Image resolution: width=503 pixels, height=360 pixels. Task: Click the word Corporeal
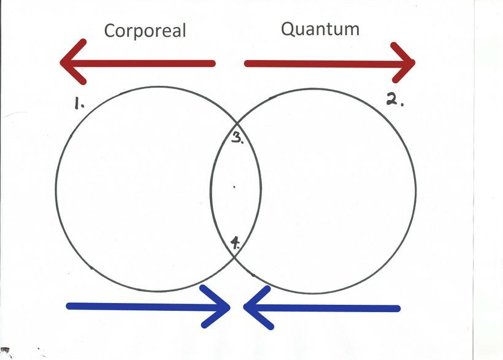pos(145,31)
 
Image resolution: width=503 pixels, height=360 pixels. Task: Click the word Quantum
pos(320,29)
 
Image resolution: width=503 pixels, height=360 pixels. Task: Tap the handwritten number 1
pos(78,105)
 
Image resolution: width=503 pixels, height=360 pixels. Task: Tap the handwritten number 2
pos(393,99)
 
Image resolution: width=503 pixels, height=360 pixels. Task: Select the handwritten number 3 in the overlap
pos(237,137)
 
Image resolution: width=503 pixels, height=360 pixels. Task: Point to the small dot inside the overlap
pos(234,188)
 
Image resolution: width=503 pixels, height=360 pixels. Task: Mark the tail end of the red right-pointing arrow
pos(247,63)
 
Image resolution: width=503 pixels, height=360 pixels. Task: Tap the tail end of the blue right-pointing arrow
pos(69,306)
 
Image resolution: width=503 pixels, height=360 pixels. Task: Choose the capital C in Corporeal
pos(111,31)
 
